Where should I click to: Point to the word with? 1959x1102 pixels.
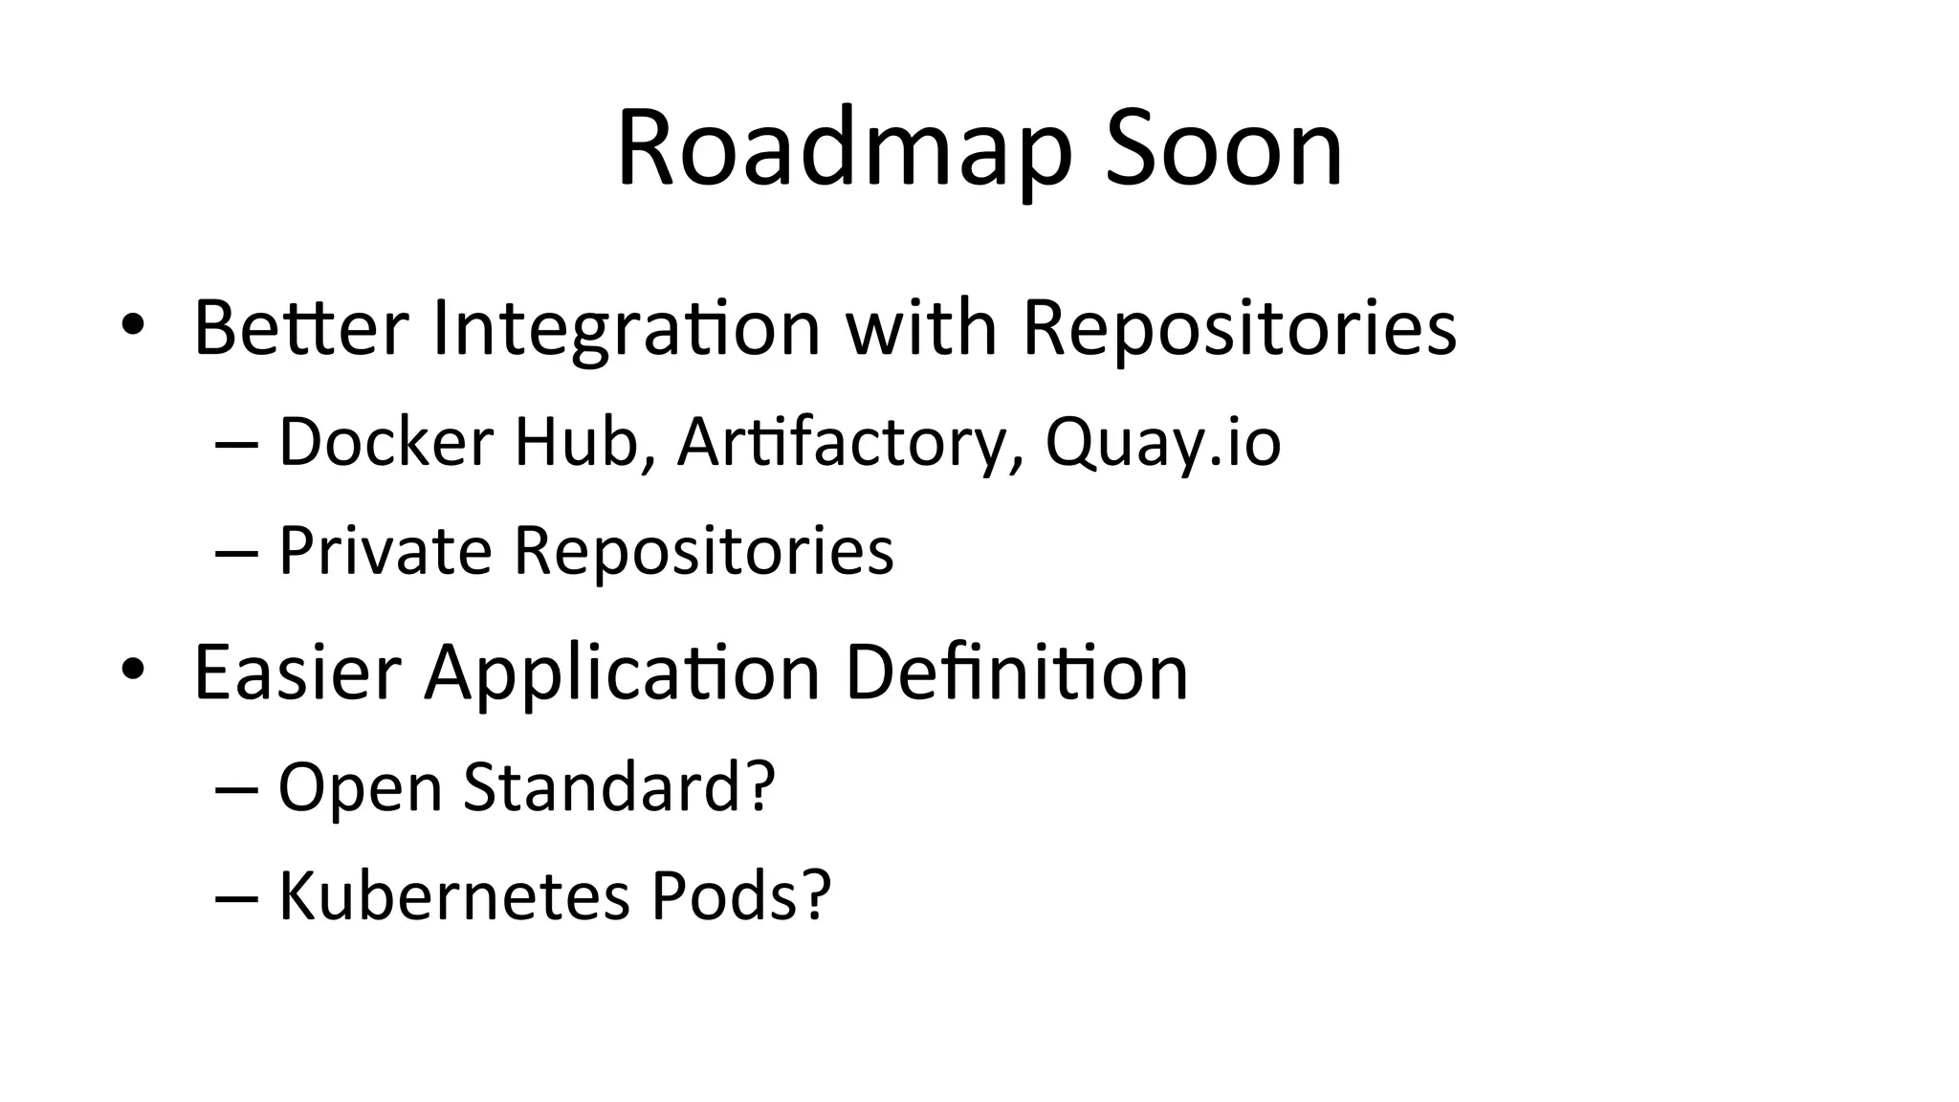921,328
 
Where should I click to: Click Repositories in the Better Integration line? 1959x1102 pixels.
1240,328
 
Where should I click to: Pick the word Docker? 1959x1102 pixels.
385,442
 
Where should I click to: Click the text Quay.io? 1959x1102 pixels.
1162,442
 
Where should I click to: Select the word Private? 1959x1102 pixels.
385,551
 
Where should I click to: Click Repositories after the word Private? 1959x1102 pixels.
704,551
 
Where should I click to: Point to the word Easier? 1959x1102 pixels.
297,672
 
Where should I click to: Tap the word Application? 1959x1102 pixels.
623,672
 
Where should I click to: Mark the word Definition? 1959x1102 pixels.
1017,672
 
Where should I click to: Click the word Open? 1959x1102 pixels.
360,787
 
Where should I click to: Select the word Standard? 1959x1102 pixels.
619,787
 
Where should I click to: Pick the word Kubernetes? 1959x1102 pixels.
453,896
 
